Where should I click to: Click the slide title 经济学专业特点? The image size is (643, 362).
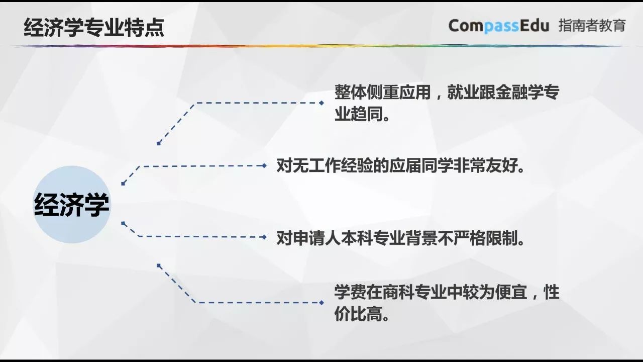[94, 27]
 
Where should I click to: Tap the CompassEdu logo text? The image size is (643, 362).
[498, 26]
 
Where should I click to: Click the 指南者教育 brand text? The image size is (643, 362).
[592, 26]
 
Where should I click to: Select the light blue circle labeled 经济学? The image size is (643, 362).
[72, 205]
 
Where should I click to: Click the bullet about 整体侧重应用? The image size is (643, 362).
[447, 93]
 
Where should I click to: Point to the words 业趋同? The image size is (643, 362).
[362, 115]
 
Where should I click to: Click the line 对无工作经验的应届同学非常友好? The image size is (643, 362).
[401, 165]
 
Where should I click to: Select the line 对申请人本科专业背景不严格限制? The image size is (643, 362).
[401, 237]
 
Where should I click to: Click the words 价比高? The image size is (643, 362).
[362, 315]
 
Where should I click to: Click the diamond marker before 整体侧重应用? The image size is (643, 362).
[321, 103]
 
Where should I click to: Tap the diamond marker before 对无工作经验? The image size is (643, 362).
[265, 165]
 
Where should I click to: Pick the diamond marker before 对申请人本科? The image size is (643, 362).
[265, 236]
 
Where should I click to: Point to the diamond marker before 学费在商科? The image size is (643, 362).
[321, 303]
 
